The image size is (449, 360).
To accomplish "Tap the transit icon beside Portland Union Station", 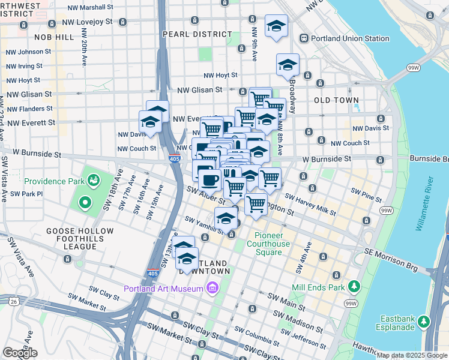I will coord(305,38).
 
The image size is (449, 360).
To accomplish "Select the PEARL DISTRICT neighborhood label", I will coord(197,34).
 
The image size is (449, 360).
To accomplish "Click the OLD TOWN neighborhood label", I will coord(336,100).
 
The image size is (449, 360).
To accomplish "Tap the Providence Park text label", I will coord(53,180).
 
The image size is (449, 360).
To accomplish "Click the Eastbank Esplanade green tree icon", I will coord(425,320).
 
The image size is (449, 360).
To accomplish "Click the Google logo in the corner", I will coord(20,353).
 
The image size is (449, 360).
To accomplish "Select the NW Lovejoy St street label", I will coord(90,22).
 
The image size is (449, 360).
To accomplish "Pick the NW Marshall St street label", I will coord(90,7).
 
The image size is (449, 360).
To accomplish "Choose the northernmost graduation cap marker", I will coord(276,26).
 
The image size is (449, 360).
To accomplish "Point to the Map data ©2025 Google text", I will coord(411,355).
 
